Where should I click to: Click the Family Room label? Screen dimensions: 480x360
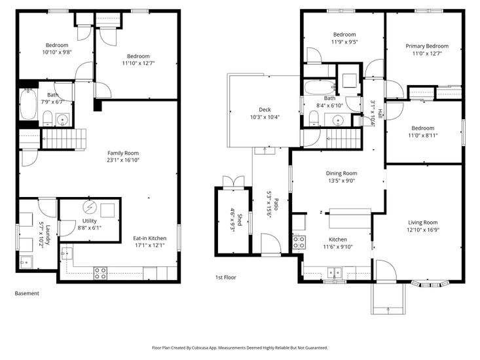coord(123,153)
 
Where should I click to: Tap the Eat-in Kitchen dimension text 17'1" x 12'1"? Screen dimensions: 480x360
coord(150,245)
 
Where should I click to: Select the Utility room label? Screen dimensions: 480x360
coord(90,221)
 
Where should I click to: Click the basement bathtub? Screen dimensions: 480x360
coord(28,104)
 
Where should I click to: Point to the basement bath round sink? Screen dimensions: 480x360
coord(64,119)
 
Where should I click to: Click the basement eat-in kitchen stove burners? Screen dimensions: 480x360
coord(100,273)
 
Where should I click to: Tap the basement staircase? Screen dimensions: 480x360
coord(64,139)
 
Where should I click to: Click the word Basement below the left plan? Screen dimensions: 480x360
coord(27,293)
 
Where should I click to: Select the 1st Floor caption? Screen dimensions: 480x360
coord(226,278)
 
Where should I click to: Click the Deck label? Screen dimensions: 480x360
coord(265,109)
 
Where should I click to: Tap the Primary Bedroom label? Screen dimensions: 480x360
coord(427,46)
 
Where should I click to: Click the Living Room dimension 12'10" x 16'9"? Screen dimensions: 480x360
coord(423,230)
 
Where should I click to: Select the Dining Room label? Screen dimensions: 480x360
coord(341,173)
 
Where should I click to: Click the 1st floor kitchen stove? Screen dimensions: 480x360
coord(299,242)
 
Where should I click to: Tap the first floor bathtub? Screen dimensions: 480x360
coord(320,88)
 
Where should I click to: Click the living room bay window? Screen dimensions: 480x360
coord(430,284)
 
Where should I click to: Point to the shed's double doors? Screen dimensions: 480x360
coord(234,181)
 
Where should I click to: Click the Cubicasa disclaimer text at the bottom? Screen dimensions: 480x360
coord(240,348)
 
